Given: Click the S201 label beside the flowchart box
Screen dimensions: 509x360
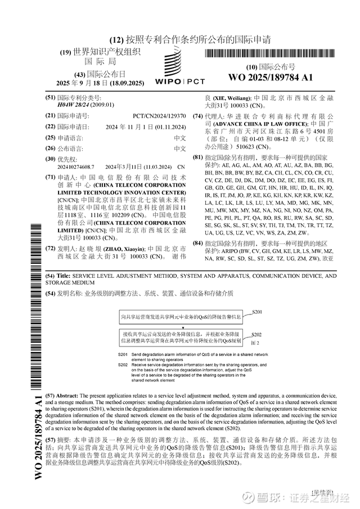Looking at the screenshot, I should coord(258,312).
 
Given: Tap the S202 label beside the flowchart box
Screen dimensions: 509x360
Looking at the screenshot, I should coord(258,334).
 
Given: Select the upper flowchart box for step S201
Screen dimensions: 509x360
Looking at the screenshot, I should coord(182,318).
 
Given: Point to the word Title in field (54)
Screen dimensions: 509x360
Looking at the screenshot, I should coord(64,276).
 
